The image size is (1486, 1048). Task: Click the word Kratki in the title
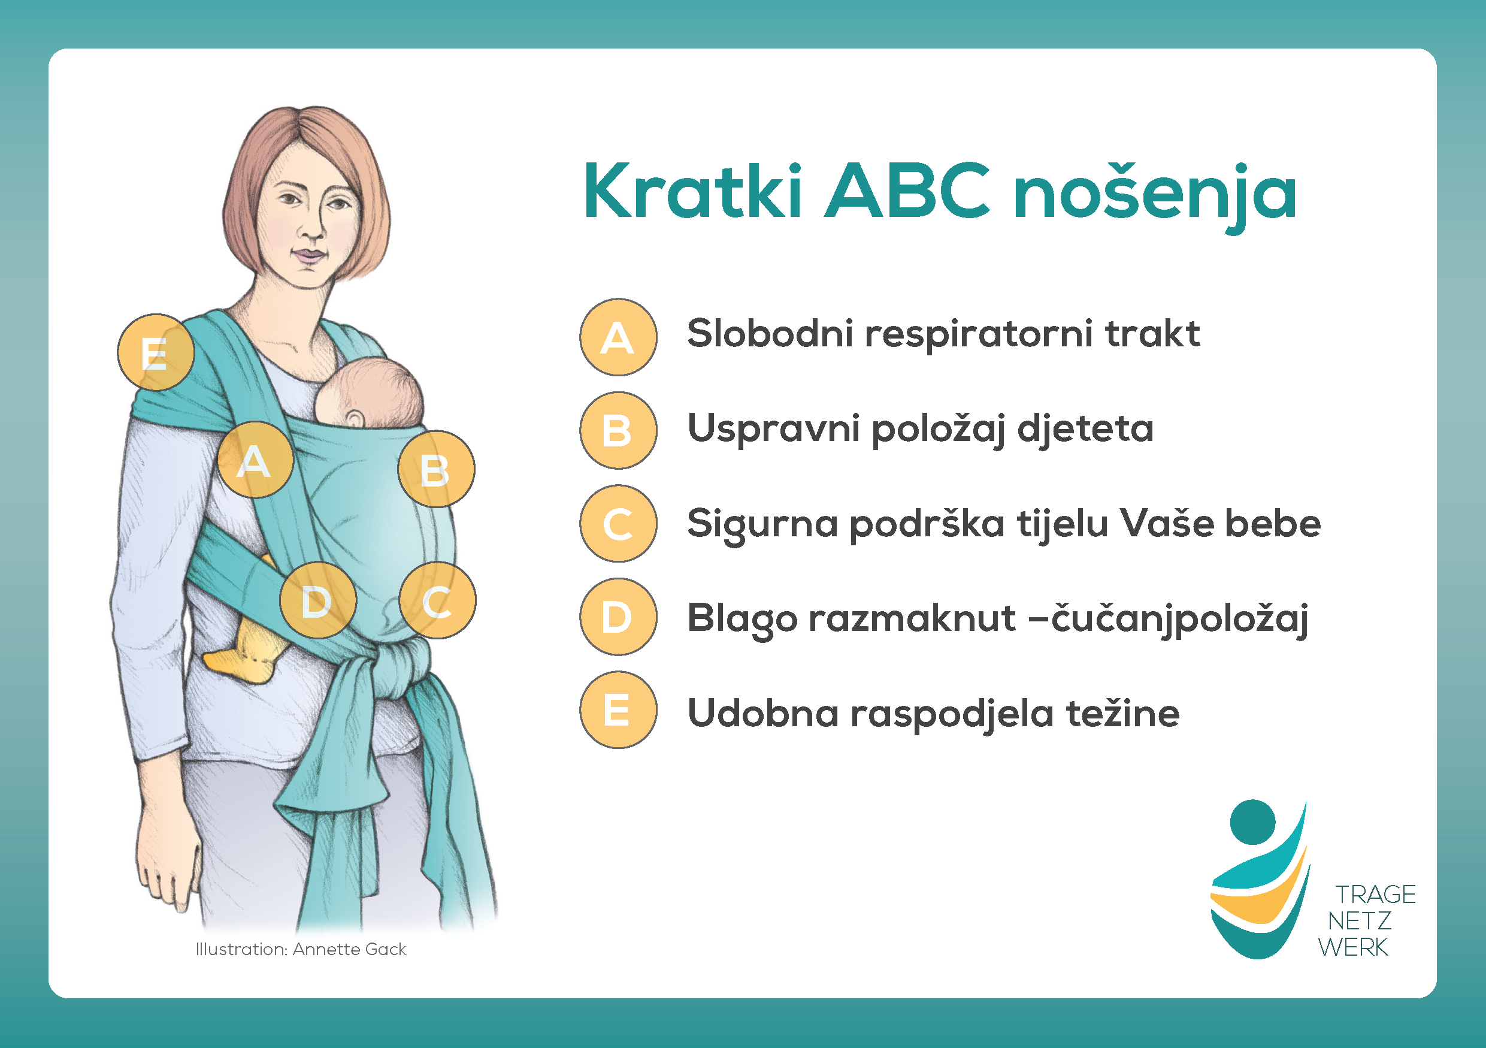(x=693, y=192)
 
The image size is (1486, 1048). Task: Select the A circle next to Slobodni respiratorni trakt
(x=618, y=337)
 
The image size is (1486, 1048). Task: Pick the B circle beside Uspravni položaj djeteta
(x=618, y=430)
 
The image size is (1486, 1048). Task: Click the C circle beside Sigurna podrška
(x=618, y=524)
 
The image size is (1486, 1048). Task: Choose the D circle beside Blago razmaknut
(x=618, y=617)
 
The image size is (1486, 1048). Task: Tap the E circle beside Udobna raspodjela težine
(x=618, y=710)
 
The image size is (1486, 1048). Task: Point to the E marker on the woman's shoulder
(x=155, y=353)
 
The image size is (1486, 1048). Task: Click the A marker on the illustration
(x=255, y=460)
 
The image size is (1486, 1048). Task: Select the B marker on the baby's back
(x=436, y=469)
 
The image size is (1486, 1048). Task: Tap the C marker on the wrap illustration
(x=437, y=601)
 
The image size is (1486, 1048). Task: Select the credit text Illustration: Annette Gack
(x=301, y=950)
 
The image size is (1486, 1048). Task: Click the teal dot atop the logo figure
(x=1252, y=822)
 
